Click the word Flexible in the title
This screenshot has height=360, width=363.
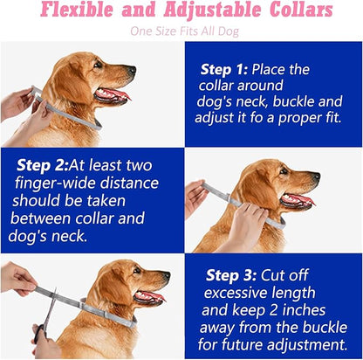(77, 10)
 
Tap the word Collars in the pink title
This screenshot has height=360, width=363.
(301, 10)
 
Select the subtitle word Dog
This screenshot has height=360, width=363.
(229, 31)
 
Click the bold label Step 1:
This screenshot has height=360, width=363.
(224, 70)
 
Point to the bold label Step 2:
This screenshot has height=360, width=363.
(43, 165)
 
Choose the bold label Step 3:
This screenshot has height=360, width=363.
(231, 275)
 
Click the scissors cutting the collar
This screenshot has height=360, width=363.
(46, 315)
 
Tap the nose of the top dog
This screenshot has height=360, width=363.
(133, 70)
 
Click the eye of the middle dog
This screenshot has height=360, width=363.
(283, 172)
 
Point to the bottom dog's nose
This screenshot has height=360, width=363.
(167, 275)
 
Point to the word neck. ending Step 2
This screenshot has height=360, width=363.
(69, 236)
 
